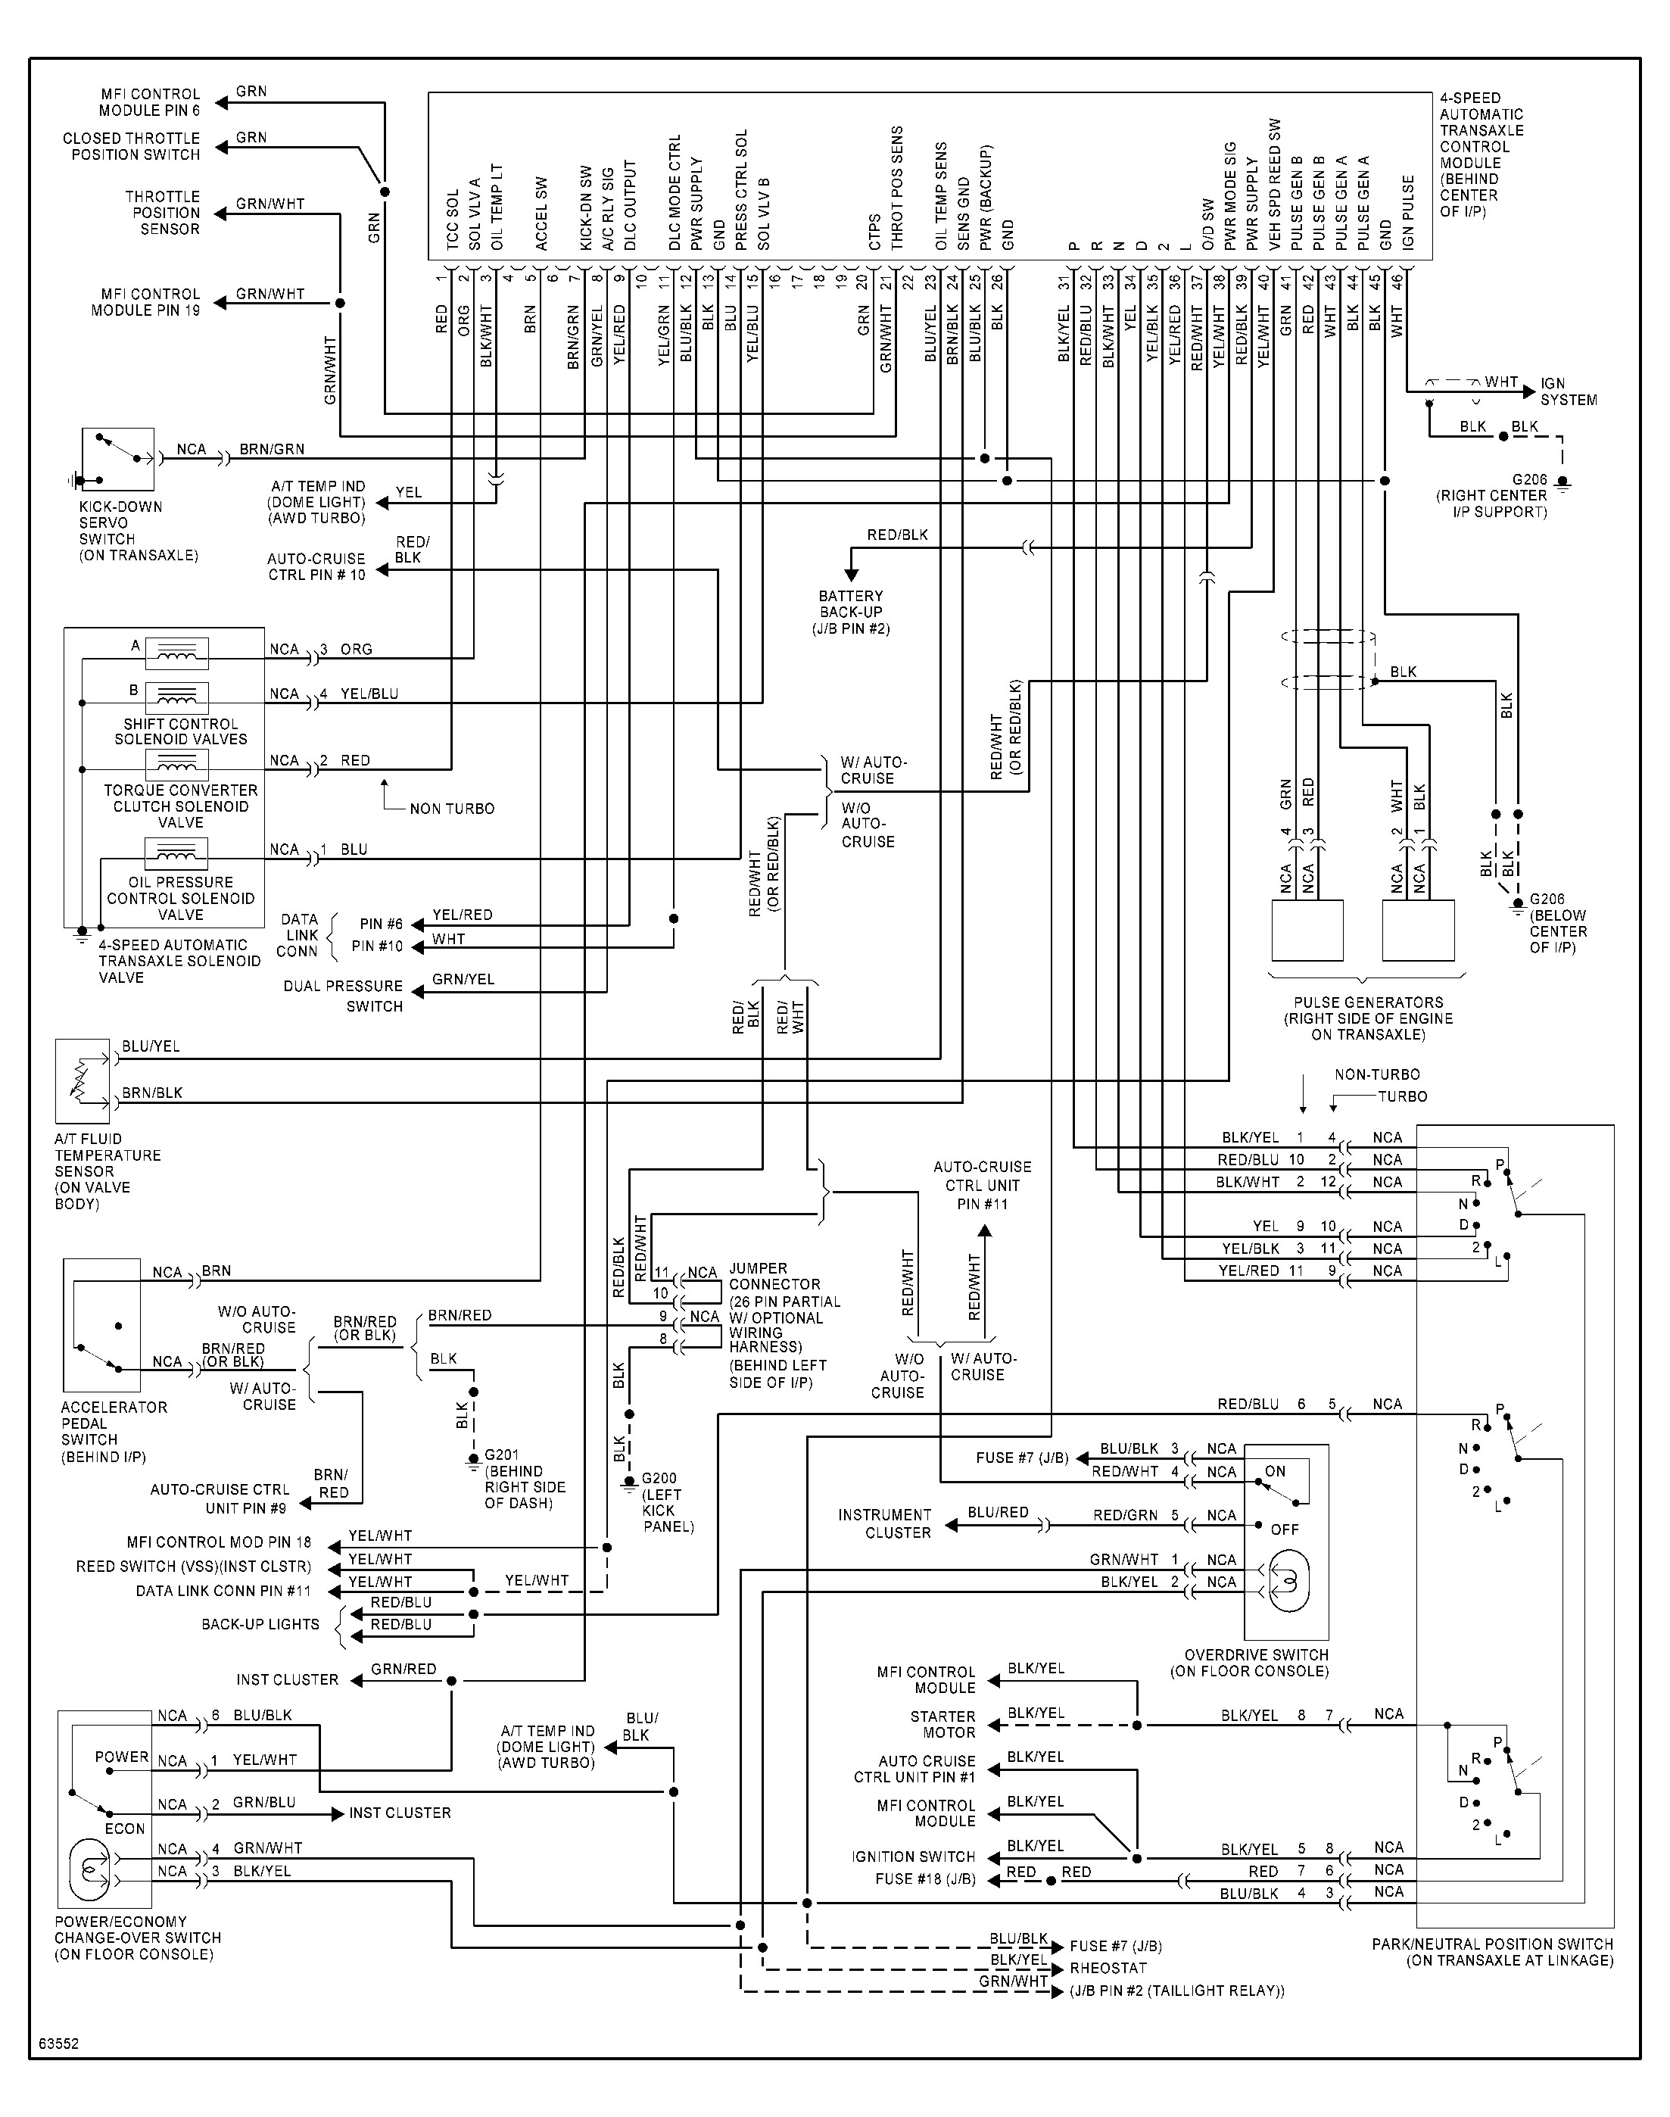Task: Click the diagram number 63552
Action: point(58,2044)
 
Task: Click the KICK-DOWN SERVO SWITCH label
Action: point(139,531)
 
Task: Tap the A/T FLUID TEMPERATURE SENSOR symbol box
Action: point(83,1080)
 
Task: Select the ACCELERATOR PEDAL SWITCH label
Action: point(114,1432)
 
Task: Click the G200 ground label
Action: point(667,1502)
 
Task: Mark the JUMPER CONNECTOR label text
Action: point(784,1325)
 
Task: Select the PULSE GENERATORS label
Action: point(1368,1018)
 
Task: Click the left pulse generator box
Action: point(1307,930)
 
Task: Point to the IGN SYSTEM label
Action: point(1569,391)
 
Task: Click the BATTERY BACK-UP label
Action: point(851,612)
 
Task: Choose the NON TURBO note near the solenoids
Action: point(452,809)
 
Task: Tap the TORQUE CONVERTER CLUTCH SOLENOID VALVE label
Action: point(181,806)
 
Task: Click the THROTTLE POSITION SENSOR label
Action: point(164,212)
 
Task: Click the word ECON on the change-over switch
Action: point(125,1828)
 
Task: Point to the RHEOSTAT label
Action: point(1108,1967)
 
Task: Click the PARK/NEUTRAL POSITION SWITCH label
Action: point(1492,1952)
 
